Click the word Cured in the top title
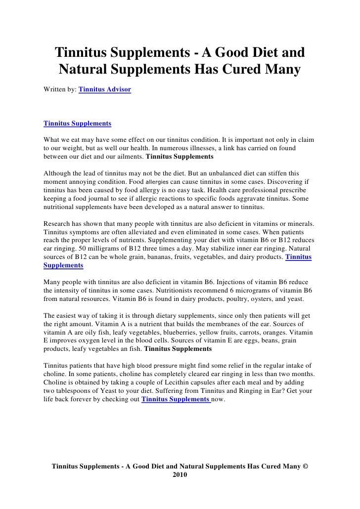(237, 71)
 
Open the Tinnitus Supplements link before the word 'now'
(176, 400)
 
